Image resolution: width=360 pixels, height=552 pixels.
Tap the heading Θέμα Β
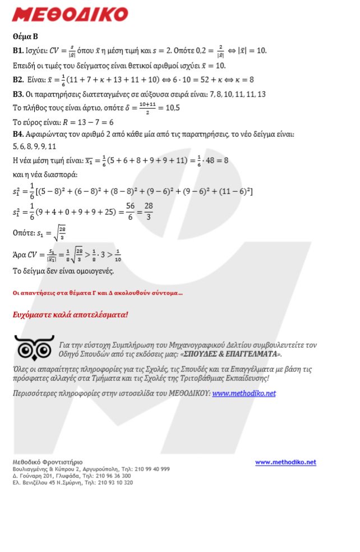pyautogui.click(x=25, y=37)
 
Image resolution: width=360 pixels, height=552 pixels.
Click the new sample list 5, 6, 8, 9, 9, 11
pyautogui.click(x=34, y=147)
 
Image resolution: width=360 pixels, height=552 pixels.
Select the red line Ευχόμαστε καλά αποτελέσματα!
pyautogui.click(x=70, y=314)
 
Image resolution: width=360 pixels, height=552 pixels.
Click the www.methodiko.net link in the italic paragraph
pyautogui.click(x=244, y=393)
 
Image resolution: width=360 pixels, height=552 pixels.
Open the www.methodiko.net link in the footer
pyautogui.click(x=285, y=462)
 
